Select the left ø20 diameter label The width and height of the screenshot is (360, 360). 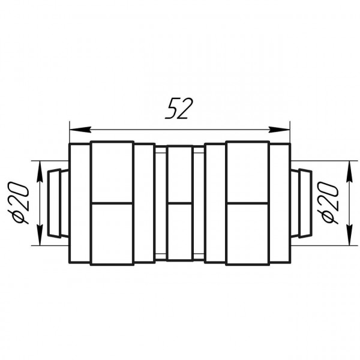click(19, 203)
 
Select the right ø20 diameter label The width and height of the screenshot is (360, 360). click(331, 203)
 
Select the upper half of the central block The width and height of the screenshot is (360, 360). click(179, 175)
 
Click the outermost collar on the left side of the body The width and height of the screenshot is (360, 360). click(80, 203)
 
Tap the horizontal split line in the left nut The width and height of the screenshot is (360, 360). click(111, 203)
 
